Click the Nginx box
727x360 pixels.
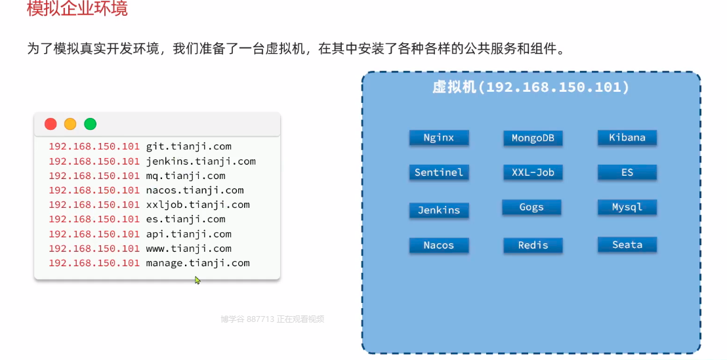point(439,138)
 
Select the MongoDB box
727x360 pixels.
point(533,138)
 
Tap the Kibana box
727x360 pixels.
point(627,138)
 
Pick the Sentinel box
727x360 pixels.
point(439,172)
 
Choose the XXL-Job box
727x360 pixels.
point(533,172)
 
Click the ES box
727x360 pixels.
point(627,172)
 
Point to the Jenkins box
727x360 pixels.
point(439,210)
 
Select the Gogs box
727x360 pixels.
point(531,207)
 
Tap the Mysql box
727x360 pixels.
point(627,207)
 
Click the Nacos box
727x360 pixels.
point(439,245)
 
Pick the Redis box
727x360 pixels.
point(533,245)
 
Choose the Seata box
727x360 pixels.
point(627,245)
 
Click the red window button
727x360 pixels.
point(51,124)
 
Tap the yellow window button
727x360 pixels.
point(70,124)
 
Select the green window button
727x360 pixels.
point(90,124)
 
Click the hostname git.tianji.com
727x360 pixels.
point(189,146)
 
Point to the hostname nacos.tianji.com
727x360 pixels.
point(195,190)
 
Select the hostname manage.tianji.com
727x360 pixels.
point(197,263)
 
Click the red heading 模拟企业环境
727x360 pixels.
point(77,9)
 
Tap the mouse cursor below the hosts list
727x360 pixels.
point(197,279)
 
